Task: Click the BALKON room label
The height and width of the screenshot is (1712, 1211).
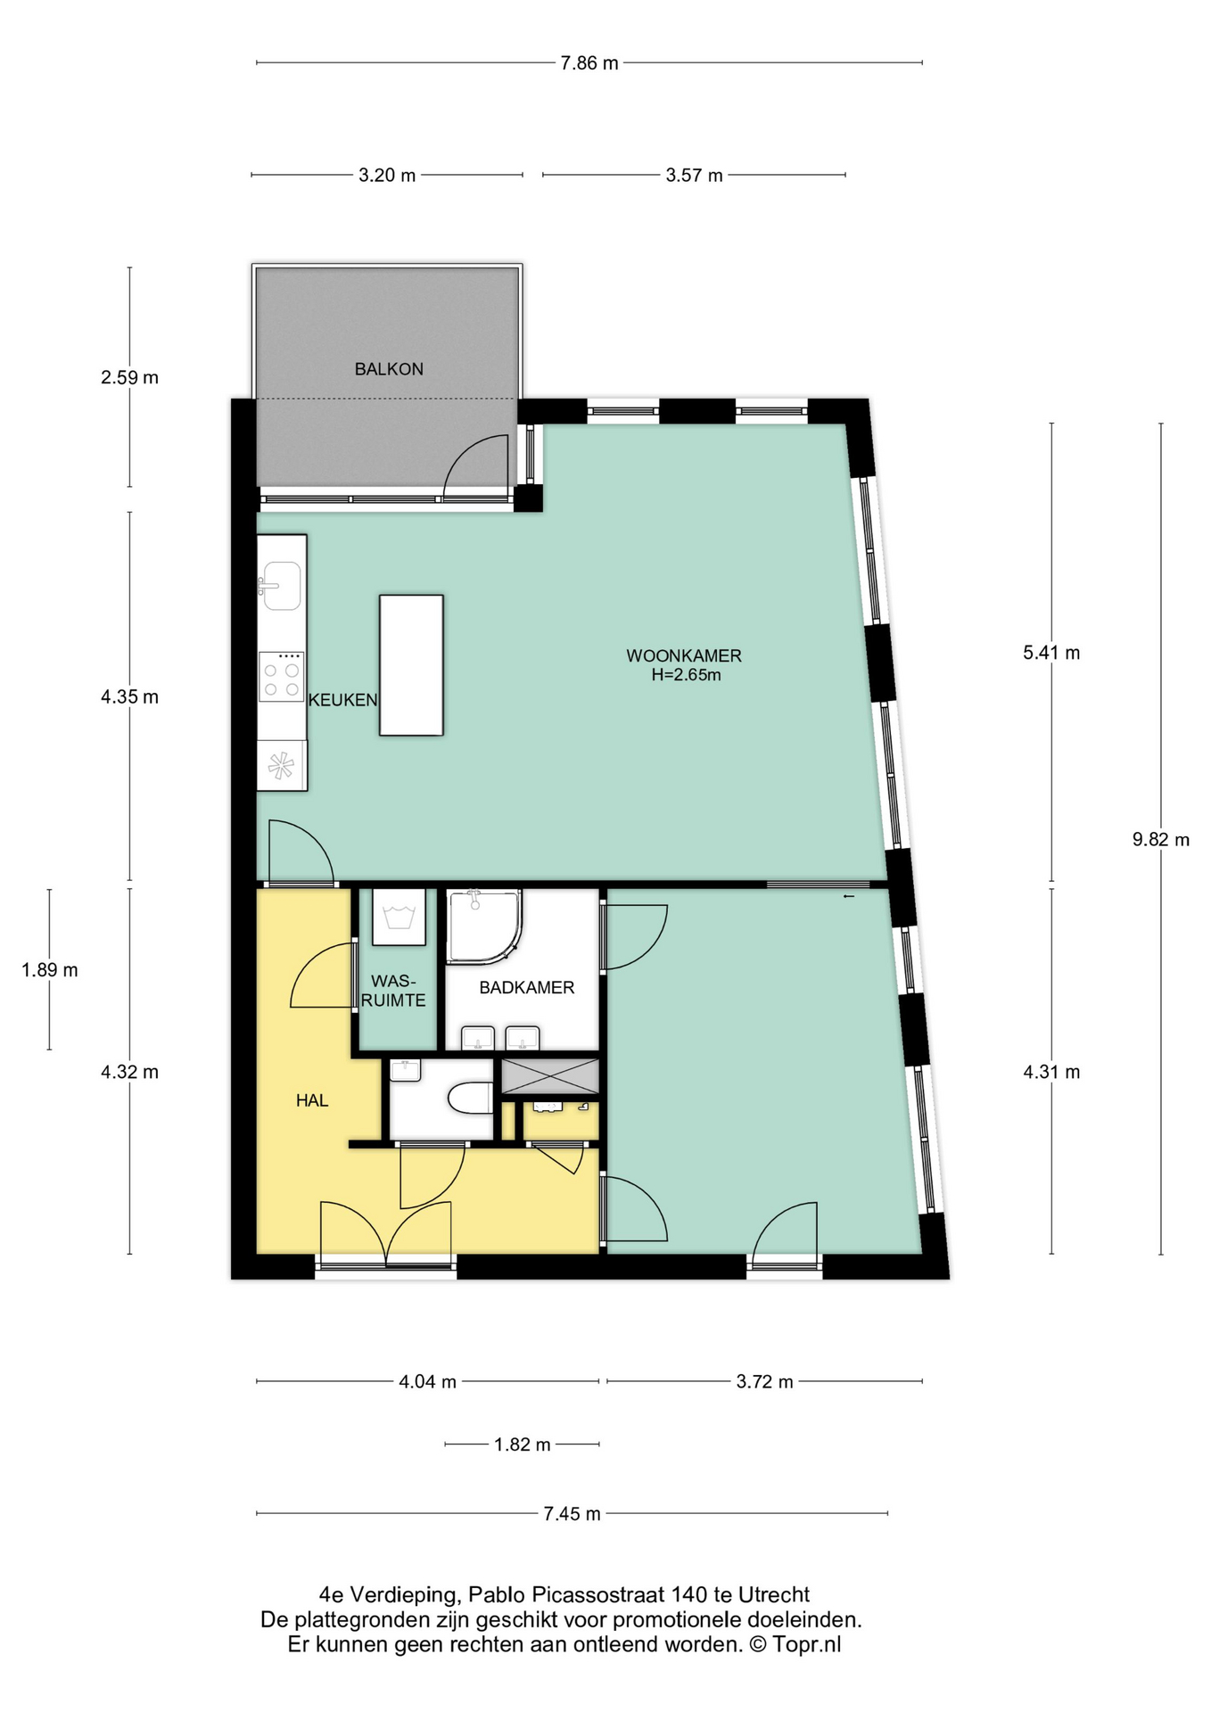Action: point(389,369)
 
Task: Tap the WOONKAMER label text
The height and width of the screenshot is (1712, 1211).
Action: point(684,656)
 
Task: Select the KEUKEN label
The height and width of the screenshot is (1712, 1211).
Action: point(343,701)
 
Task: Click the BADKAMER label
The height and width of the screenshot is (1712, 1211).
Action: point(526,988)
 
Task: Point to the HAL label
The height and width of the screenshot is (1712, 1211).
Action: point(312,1101)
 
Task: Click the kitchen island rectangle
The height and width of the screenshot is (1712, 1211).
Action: point(411,665)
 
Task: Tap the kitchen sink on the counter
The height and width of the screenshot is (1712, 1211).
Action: point(282,586)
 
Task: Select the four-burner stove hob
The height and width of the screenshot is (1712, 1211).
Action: point(281,677)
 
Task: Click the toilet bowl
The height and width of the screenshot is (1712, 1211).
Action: point(470,1099)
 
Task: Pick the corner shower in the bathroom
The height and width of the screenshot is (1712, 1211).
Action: point(482,926)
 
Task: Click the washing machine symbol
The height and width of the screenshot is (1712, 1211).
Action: point(399,917)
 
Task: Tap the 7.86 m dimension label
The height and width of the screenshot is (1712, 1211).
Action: point(589,63)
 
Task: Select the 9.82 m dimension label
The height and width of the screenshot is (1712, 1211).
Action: point(1161,840)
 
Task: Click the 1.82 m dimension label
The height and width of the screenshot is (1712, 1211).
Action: point(523,1444)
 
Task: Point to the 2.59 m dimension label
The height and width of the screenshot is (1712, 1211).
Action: point(130,378)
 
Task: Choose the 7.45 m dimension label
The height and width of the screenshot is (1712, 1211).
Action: point(572,1514)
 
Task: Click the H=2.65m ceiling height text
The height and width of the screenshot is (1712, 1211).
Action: point(686,676)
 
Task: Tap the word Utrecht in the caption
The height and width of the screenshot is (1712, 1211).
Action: point(774,1595)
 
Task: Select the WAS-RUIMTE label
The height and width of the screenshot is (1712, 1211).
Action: point(393,992)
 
